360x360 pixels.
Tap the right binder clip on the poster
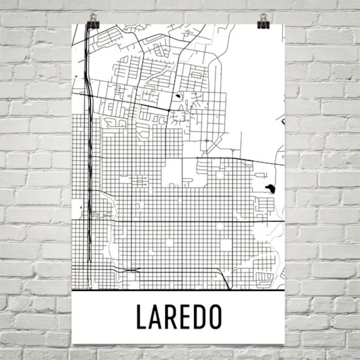coord(263,21)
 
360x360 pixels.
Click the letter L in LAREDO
coord(141,317)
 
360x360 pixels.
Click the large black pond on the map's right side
coord(270,189)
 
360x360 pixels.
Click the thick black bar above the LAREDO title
coord(178,290)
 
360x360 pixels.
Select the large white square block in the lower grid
coord(226,245)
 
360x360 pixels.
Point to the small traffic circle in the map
coord(207,141)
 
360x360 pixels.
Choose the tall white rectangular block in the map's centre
coord(172,173)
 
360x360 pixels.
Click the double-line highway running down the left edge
coord(89,150)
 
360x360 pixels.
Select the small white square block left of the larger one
coord(170,243)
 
